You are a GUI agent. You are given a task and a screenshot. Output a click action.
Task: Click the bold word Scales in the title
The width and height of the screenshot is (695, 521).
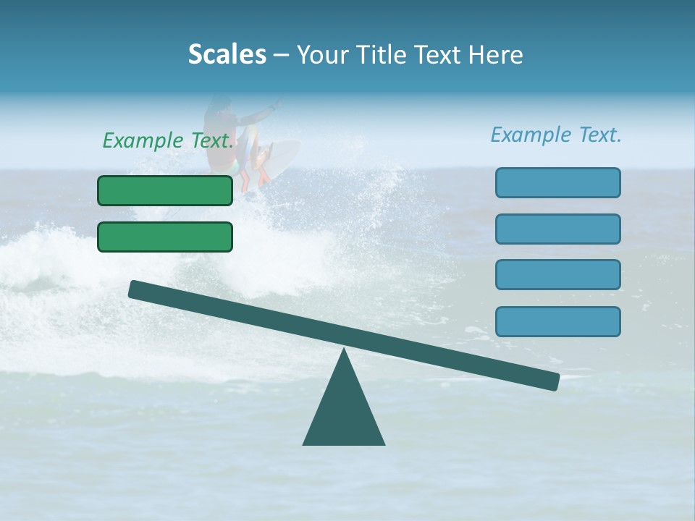[x=227, y=54]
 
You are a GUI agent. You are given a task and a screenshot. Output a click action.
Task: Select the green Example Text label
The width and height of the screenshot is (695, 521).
[x=169, y=140]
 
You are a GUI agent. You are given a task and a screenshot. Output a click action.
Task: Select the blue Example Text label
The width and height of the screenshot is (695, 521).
[x=556, y=135]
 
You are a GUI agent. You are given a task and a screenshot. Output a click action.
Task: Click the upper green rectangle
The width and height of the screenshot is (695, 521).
[x=165, y=190]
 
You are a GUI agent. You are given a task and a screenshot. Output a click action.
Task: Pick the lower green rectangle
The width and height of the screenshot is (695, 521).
[x=165, y=237]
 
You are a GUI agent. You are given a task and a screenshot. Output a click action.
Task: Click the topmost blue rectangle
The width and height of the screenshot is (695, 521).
[x=557, y=182]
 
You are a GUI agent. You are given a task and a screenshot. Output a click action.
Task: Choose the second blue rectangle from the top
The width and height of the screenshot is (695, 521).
[x=557, y=229]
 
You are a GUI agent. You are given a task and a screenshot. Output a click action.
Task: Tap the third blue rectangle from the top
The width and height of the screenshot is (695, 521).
[x=557, y=275]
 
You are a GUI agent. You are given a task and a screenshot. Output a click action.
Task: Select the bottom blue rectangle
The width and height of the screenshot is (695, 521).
[x=557, y=321]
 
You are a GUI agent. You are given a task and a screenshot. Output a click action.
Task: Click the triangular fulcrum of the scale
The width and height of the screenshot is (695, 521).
[x=344, y=412]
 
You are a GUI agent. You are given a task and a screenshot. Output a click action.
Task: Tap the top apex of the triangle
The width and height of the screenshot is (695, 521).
[x=344, y=350]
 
